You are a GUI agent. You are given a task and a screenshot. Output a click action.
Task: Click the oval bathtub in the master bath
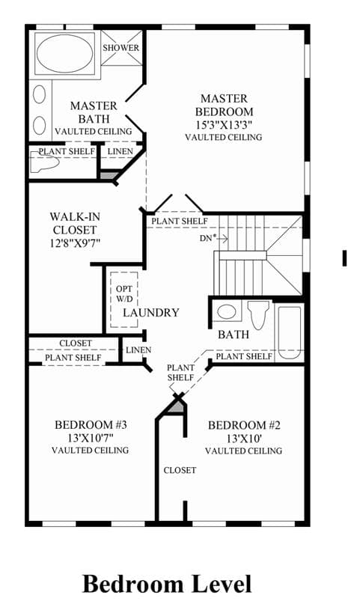point(64,53)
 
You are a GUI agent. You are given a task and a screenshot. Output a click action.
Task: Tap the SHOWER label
point(121,48)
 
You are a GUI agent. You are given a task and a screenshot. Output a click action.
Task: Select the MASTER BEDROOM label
point(225,105)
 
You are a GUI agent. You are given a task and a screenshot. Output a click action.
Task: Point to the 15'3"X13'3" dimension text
point(225,125)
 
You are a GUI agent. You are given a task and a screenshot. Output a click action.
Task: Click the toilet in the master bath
point(44,162)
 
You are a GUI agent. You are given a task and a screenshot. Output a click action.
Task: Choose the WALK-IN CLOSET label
point(75,223)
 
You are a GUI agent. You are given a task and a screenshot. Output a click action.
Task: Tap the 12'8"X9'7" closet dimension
point(75,243)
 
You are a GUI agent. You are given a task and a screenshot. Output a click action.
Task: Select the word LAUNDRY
point(151,313)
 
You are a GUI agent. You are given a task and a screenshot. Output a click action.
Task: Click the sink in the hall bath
point(227,311)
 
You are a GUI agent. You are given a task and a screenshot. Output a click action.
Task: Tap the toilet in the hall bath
point(259,314)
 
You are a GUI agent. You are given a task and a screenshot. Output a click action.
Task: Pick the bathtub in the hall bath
point(289,332)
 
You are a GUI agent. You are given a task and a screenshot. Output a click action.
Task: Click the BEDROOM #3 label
point(91,425)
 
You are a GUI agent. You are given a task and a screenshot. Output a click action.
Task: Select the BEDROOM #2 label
point(244,425)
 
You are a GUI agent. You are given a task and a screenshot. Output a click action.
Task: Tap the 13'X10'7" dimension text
point(91,438)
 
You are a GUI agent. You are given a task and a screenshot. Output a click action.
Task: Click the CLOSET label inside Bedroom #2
point(180,470)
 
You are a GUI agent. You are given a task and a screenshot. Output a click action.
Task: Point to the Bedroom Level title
point(167,584)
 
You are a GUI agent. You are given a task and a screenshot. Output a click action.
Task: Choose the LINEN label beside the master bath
point(120,151)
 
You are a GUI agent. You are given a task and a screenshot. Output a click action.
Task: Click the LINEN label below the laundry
point(138,350)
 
